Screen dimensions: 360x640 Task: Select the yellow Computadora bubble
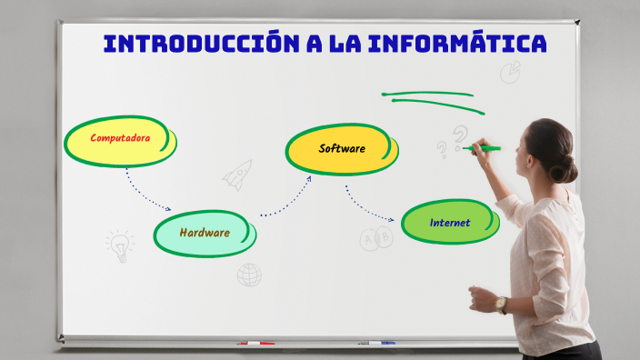tap(120, 142)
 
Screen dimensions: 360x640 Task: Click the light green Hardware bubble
tap(204, 233)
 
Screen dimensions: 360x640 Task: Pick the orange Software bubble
tap(341, 149)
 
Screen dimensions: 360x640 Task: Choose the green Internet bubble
tap(450, 223)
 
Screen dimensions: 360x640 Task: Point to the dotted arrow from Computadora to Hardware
tap(145, 192)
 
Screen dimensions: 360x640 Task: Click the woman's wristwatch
tap(501, 305)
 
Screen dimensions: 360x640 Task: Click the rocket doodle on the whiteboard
tap(237, 174)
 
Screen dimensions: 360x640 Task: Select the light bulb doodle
tap(119, 245)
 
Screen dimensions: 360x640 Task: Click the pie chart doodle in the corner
tap(511, 70)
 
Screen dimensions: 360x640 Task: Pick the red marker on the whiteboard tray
tap(255, 344)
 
